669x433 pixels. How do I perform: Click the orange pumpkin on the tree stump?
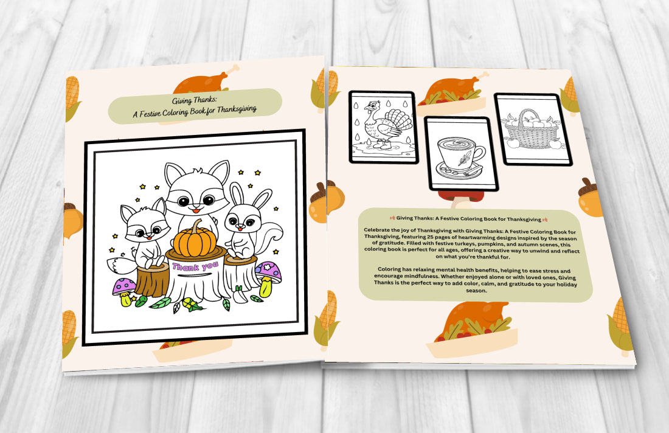coord(196,241)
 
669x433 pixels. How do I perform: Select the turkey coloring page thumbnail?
coord(382,127)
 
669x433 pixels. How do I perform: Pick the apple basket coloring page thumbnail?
coord(533,130)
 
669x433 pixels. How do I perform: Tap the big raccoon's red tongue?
coord(195,210)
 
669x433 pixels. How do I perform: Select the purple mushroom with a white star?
coord(268,274)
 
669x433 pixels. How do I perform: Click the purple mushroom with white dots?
coord(124,286)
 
